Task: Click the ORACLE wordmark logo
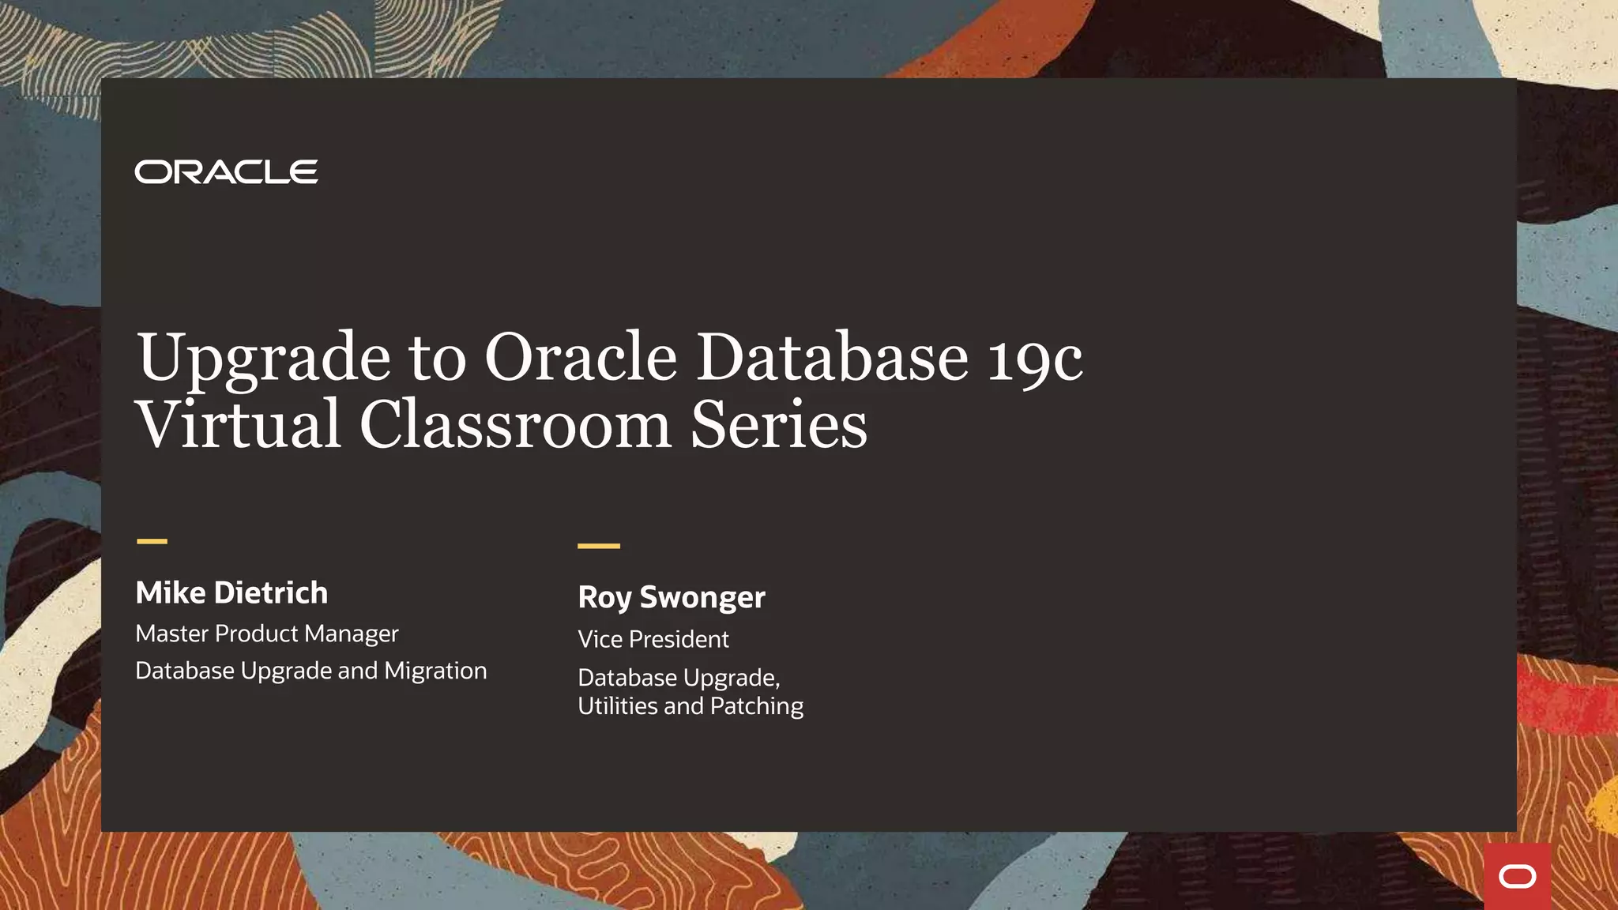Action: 226,171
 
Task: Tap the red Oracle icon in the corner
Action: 1517,877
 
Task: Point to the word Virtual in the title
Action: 238,425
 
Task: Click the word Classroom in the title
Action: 515,425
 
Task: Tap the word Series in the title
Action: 779,425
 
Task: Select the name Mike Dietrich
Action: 231,592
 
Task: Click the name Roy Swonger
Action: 672,597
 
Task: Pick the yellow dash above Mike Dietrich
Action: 152,541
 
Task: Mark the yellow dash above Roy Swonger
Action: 599,546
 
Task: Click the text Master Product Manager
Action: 267,634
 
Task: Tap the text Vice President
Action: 653,639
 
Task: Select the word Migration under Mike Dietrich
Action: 435,671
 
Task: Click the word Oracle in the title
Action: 581,358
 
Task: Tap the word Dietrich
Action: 271,592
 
